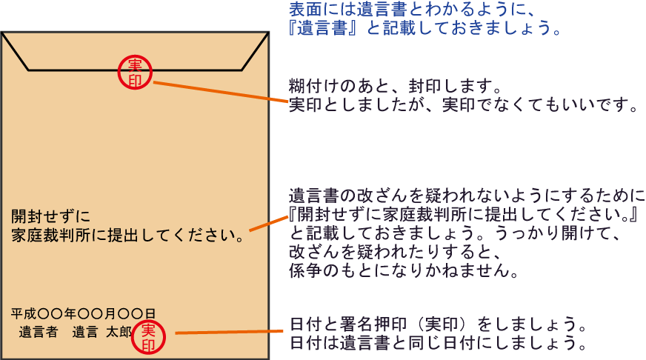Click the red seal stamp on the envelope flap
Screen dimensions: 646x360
[135, 72]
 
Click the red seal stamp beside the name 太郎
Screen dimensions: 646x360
[148, 337]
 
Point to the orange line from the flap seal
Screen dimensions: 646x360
[221, 91]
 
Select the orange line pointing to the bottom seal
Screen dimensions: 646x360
[229, 332]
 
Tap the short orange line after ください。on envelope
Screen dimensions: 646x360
[269, 223]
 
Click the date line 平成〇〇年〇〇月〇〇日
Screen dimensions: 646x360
[83, 314]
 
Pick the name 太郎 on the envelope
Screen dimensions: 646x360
[119, 332]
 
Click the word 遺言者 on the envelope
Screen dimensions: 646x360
[39, 332]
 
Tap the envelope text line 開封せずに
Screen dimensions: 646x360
[50, 216]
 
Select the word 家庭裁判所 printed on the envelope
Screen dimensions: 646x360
[50, 236]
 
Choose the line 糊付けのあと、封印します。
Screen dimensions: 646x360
[395, 87]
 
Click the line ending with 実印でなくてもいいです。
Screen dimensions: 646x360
[464, 105]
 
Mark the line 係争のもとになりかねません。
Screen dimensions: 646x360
[404, 270]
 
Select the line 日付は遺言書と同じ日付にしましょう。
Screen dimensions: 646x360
[438, 343]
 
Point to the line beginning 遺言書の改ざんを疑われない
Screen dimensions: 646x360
[467, 196]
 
